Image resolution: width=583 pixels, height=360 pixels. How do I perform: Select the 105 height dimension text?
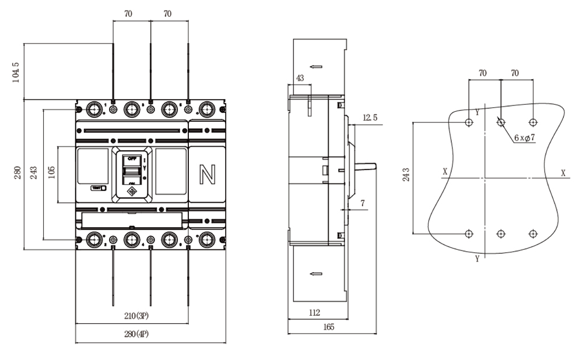pyautogui.click(x=51, y=175)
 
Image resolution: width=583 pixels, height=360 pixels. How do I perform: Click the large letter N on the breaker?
pyautogui.click(x=206, y=174)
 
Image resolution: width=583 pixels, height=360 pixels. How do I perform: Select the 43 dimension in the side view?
pyautogui.click(x=300, y=77)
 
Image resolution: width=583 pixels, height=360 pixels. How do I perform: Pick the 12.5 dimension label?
pyautogui.click(x=370, y=118)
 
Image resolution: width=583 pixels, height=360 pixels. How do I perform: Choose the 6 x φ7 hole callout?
pyautogui.click(x=525, y=138)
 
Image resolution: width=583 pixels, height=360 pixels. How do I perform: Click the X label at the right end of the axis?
pyautogui.click(x=563, y=172)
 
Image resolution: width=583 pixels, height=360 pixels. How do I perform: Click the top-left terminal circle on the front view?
pyautogui.click(x=93, y=109)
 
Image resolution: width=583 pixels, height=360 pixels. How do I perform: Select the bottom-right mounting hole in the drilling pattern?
pyautogui.click(x=532, y=234)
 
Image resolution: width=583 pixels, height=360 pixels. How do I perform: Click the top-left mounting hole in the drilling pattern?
pyautogui.click(x=469, y=123)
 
